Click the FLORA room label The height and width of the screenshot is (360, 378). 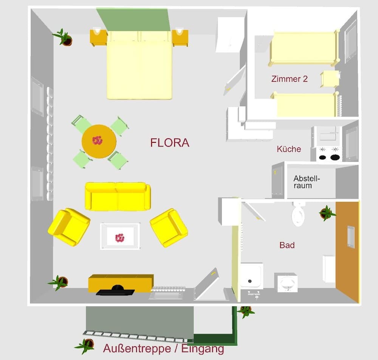pyautogui.click(x=170, y=143)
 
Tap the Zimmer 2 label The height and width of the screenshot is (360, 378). pyautogui.click(x=289, y=79)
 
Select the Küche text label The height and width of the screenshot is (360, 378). pyautogui.click(x=289, y=149)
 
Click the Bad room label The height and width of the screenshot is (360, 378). pyautogui.click(x=287, y=246)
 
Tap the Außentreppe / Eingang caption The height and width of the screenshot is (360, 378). pyautogui.click(x=163, y=348)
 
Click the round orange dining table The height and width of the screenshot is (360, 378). pyautogui.click(x=99, y=141)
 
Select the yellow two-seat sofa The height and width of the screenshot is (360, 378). pyautogui.click(x=118, y=196)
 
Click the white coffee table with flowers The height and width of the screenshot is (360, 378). pyautogui.click(x=120, y=236)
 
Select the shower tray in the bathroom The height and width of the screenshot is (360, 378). pyautogui.click(x=251, y=275)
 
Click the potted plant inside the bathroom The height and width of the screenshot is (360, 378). pyautogui.click(x=327, y=213)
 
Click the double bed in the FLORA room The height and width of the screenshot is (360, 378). pyautogui.click(x=139, y=68)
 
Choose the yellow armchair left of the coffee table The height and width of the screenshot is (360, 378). pyautogui.click(x=69, y=227)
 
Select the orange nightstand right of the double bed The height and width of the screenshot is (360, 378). pyautogui.click(x=180, y=38)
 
